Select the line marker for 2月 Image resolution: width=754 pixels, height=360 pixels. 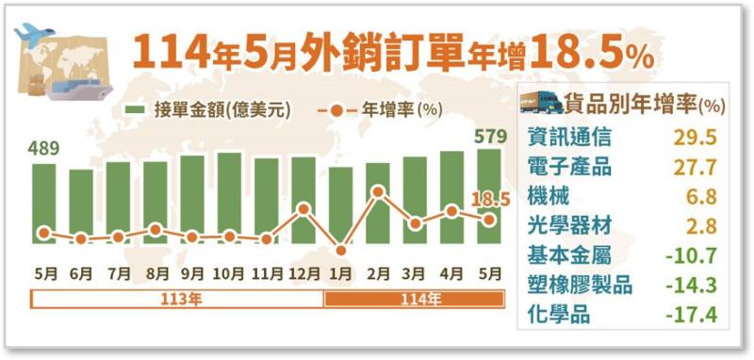[x=378, y=192]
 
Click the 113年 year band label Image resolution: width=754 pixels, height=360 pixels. [x=177, y=300]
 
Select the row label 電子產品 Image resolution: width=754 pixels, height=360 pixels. [x=569, y=169]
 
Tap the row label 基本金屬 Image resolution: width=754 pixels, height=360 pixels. [x=569, y=255]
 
